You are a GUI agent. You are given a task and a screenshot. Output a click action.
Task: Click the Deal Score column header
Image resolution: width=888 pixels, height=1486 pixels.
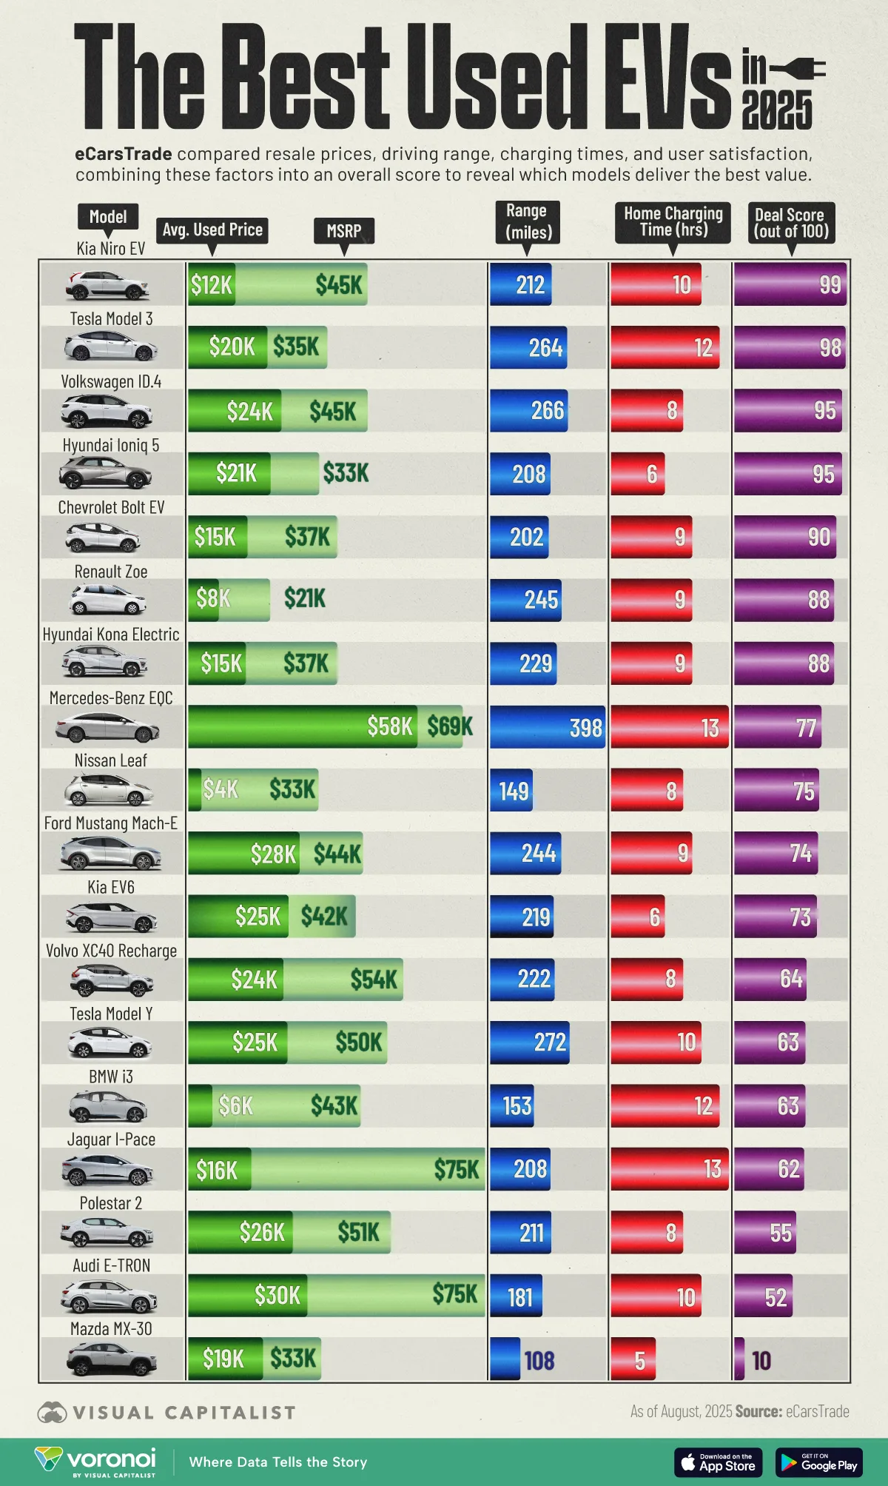coord(791,223)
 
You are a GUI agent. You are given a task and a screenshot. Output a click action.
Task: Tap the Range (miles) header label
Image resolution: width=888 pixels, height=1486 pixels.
coord(526,221)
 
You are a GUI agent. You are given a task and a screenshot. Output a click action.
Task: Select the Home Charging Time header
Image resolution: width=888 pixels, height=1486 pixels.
coord(673,221)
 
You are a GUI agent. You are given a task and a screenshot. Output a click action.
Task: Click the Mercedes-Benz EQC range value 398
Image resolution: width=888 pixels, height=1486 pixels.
coord(585,728)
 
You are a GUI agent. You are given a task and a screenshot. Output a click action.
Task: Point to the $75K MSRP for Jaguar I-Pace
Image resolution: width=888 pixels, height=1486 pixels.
coord(457,1169)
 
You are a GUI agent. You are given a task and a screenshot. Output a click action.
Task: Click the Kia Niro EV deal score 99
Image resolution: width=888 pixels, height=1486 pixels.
coord(830,285)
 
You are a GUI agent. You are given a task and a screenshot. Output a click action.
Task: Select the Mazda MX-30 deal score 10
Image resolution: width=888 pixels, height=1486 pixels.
coord(761,1361)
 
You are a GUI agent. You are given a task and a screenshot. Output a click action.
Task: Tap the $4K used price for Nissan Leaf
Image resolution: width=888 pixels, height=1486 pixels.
coord(221,789)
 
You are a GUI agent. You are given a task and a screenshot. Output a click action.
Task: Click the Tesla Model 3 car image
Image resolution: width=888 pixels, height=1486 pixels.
coord(110,347)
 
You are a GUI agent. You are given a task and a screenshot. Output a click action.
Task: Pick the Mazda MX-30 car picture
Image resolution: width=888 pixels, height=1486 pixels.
coord(111,1359)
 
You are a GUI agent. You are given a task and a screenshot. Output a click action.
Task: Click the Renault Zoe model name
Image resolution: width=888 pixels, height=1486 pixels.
coord(111,572)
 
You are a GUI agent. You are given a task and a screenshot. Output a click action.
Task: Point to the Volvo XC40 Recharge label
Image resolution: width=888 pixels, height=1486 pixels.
coord(111,951)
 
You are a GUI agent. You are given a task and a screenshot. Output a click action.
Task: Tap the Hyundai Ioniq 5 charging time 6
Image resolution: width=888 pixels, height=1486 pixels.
coord(652,474)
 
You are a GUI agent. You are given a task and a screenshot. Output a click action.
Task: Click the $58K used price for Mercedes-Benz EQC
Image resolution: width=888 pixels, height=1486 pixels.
coord(389,726)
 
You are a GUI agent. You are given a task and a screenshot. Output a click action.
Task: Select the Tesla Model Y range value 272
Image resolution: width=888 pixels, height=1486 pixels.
coord(550,1042)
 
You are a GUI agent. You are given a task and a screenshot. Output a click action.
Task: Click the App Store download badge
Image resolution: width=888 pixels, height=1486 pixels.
coord(718,1462)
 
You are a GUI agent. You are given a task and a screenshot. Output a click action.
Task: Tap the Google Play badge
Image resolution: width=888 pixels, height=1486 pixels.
coord(818,1462)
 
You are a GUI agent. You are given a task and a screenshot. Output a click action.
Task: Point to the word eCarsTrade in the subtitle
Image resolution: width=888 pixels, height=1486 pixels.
coord(124,154)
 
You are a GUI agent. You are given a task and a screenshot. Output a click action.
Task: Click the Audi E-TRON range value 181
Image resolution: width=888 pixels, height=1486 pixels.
coord(519,1297)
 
